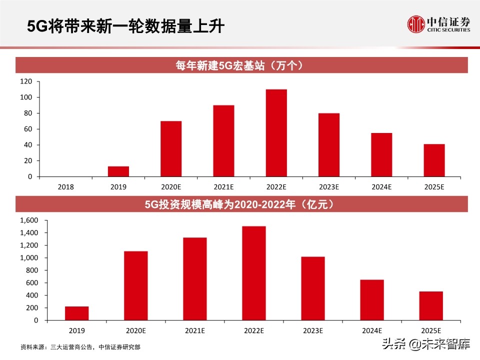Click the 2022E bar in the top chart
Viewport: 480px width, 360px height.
pyautogui.click(x=276, y=133)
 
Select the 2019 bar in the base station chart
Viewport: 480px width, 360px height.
pyautogui.click(x=118, y=171)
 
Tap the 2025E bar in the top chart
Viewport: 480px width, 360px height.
pyautogui.click(x=434, y=160)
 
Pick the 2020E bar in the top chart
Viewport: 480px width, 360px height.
pyautogui.click(x=171, y=149)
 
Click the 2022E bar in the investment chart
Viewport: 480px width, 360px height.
pyautogui.click(x=253, y=273)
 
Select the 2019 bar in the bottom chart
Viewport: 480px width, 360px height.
pyautogui.click(x=76, y=313)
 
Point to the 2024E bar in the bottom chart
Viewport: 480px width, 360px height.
pyautogui.click(x=372, y=300)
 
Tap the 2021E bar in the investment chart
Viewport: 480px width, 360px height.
pyautogui.click(x=194, y=279)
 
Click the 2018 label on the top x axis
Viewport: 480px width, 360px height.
pyautogui.click(x=66, y=186)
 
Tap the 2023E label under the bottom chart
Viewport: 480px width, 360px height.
pyautogui.click(x=312, y=330)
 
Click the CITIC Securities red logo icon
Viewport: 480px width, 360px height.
pyautogui.click(x=415, y=24)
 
